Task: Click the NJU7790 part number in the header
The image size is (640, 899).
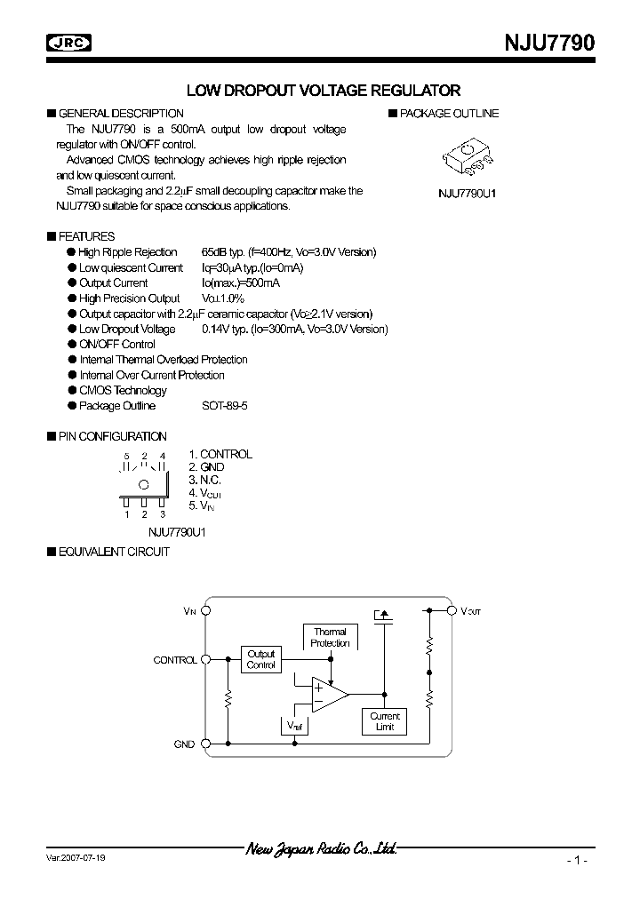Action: (x=544, y=42)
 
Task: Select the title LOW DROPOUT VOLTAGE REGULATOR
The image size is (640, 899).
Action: (x=323, y=91)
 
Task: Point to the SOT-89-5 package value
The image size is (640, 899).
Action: (x=227, y=406)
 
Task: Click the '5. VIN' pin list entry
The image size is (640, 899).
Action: (x=202, y=505)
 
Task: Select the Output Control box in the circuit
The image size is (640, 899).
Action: (x=260, y=659)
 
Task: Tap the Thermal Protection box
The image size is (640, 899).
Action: (x=330, y=638)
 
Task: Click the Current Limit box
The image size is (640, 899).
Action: (x=385, y=721)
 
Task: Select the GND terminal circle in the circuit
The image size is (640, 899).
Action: (x=206, y=744)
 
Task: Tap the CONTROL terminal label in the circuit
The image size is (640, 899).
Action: (x=175, y=661)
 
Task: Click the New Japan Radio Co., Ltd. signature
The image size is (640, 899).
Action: (x=321, y=849)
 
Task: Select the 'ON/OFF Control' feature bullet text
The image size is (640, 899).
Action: (x=117, y=345)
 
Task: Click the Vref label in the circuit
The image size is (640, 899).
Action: (x=294, y=726)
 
